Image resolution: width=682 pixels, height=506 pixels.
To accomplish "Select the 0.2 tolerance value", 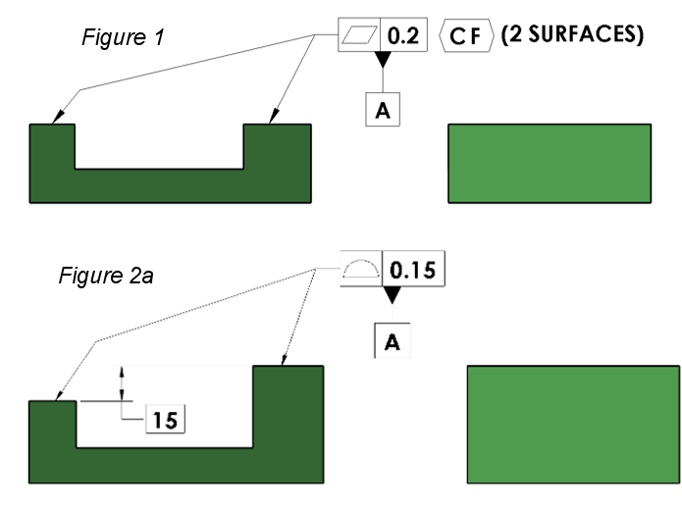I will click(x=403, y=35).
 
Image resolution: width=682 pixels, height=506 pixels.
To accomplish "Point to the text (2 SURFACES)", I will click(x=572, y=35).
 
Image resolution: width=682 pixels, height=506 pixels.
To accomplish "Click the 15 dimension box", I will click(x=165, y=419).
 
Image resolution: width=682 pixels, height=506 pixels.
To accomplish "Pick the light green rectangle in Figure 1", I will click(x=549, y=163).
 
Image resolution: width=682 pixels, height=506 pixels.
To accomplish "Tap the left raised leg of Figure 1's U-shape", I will click(x=52, y=147).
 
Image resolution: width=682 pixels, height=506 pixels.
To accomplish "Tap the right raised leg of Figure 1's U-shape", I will click(x=277, y=147).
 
